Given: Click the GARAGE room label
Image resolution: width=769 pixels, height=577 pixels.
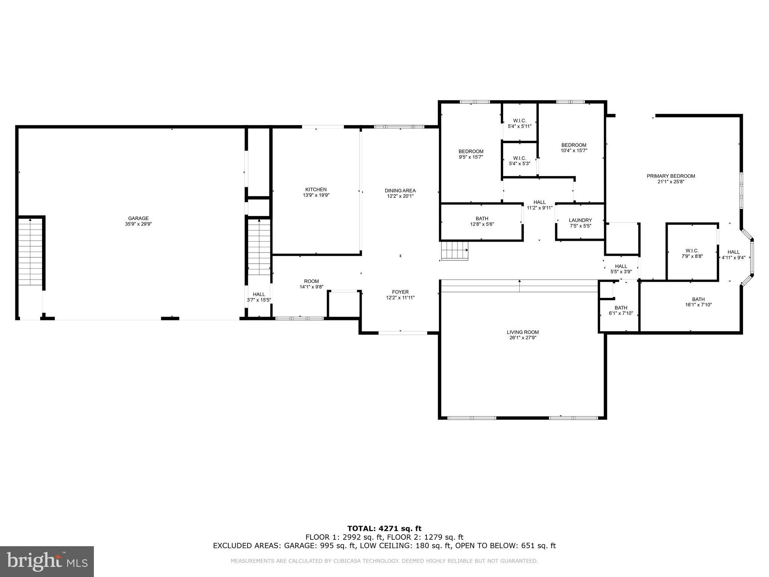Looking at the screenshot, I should [138, 218].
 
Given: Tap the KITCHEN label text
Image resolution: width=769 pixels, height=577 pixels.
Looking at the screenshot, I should [316, 189].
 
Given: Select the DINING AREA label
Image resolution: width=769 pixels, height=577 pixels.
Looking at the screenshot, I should [400, 190].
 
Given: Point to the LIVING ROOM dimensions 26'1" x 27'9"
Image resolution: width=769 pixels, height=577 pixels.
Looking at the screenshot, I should [523, 338].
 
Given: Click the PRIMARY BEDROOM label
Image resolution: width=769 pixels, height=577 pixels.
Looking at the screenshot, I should [671, 176].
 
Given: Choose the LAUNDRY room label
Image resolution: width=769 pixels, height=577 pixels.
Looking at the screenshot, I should [580, 221].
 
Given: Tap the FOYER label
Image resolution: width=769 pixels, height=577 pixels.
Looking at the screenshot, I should [400, 292].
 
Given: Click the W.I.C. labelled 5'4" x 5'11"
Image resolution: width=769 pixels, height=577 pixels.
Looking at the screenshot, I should [520, 124].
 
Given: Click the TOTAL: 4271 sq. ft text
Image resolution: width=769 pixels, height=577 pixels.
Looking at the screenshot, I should [384, 529].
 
